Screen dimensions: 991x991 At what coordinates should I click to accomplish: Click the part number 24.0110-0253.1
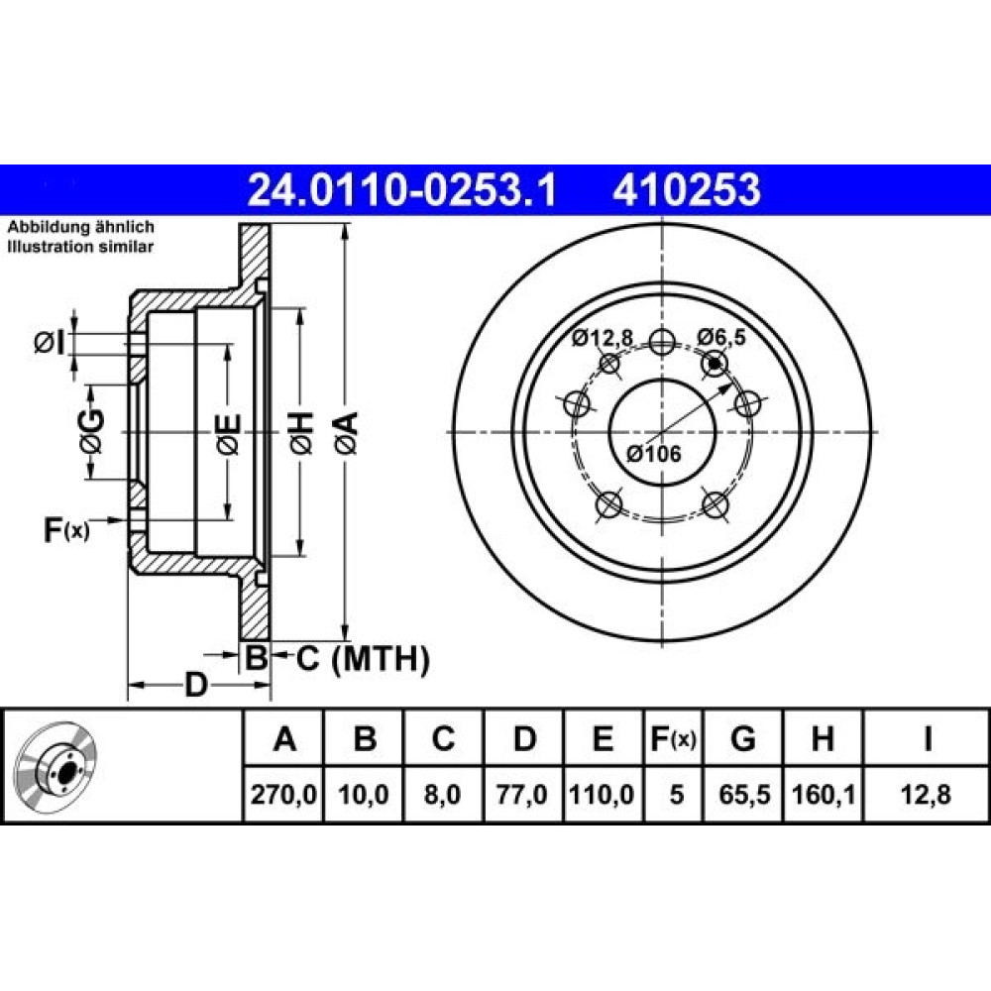(x=402, y=189)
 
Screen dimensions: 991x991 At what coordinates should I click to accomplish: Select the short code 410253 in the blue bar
(x=687, y=189)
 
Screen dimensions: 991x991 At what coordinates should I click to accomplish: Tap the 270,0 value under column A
(x=283, y=794)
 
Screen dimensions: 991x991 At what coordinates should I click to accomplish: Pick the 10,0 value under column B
(x=364, y=794)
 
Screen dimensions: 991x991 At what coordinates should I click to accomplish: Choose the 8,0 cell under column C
(x=443, y=794)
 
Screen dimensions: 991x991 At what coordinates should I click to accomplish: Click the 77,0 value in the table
(x=522, y=794)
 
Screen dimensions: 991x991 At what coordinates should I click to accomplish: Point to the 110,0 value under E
(x=602, y=794)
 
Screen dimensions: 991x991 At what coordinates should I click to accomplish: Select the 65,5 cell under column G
(x=744, y=794)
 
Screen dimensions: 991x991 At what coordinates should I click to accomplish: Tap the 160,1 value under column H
(x=824, y=794)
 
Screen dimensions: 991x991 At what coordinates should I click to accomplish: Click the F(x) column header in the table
(x=674, y=738)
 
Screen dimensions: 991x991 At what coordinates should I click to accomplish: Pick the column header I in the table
(x=928, y=738)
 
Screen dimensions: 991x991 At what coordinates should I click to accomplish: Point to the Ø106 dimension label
(x=653, y=453)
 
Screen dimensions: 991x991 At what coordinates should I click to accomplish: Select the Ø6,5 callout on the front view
(x=721, y=338)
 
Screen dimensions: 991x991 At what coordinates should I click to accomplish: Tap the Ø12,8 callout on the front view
(x=603, y=338)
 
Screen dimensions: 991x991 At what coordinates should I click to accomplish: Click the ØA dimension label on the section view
(x=346, y=433)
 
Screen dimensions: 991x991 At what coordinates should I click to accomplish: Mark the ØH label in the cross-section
(x=301, y=433)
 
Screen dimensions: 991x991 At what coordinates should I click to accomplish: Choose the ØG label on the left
(x=91, y=432)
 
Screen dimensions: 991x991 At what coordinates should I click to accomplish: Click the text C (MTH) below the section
(x=364, y=659)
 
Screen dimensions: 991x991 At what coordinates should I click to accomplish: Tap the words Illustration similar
(x=80, y=247)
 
